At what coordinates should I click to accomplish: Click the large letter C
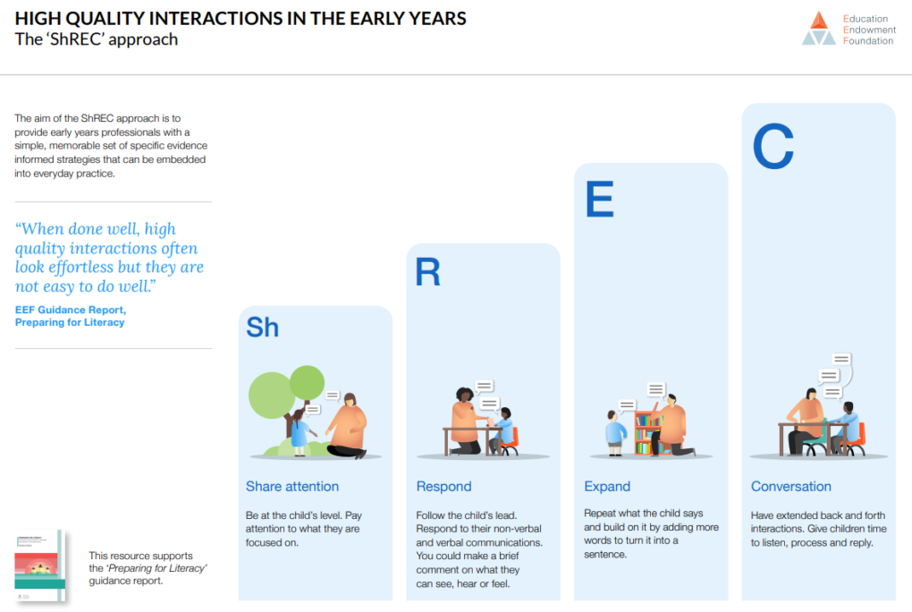(x=773, y=147)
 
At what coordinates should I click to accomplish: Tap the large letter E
(x=599, y=200)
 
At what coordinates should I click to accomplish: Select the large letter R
(x=428, y=273)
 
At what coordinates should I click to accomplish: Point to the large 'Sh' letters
(x=262, y=327)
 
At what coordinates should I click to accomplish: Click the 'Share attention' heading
(x=292, y=487)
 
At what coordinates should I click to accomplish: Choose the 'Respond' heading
(x=443, y=487)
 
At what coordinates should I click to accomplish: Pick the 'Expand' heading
(x=607, y=487)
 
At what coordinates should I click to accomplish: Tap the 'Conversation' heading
(x=790, y=487)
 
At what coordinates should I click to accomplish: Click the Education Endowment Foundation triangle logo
(x=818, y=29)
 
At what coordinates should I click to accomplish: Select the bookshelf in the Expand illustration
(x=646, y=432)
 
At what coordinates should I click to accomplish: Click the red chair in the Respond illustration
(x=511, y=440)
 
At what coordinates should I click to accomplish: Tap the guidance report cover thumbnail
(x=39, y=565)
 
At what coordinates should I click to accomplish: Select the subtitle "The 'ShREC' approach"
(x=97, y=39)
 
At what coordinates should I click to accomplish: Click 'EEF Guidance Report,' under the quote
(x=71, y=310)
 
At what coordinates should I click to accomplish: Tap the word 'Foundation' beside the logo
(x=868, y=40)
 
